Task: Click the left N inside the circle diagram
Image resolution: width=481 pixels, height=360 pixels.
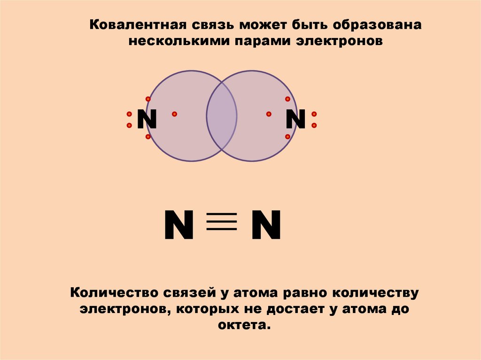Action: (x=147, y=120)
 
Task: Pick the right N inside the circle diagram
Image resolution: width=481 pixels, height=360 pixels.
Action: (x=296, y=120)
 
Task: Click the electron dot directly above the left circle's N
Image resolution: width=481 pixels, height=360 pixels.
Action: (x=148, y=99)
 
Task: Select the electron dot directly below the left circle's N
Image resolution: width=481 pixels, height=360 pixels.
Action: (x=148, y=137)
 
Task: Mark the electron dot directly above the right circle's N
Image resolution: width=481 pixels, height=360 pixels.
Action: (x=288, y=99)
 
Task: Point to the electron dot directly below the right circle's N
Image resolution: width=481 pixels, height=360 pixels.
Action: (x=288, y=137)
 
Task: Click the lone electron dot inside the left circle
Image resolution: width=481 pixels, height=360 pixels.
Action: (x=174, y=114)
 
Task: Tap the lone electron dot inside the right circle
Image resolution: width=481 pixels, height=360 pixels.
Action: (x=269, y=114)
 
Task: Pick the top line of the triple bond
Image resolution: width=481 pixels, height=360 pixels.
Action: (x=222, y=214)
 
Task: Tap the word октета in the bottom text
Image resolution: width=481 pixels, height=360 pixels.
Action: (x=245, y=325)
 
